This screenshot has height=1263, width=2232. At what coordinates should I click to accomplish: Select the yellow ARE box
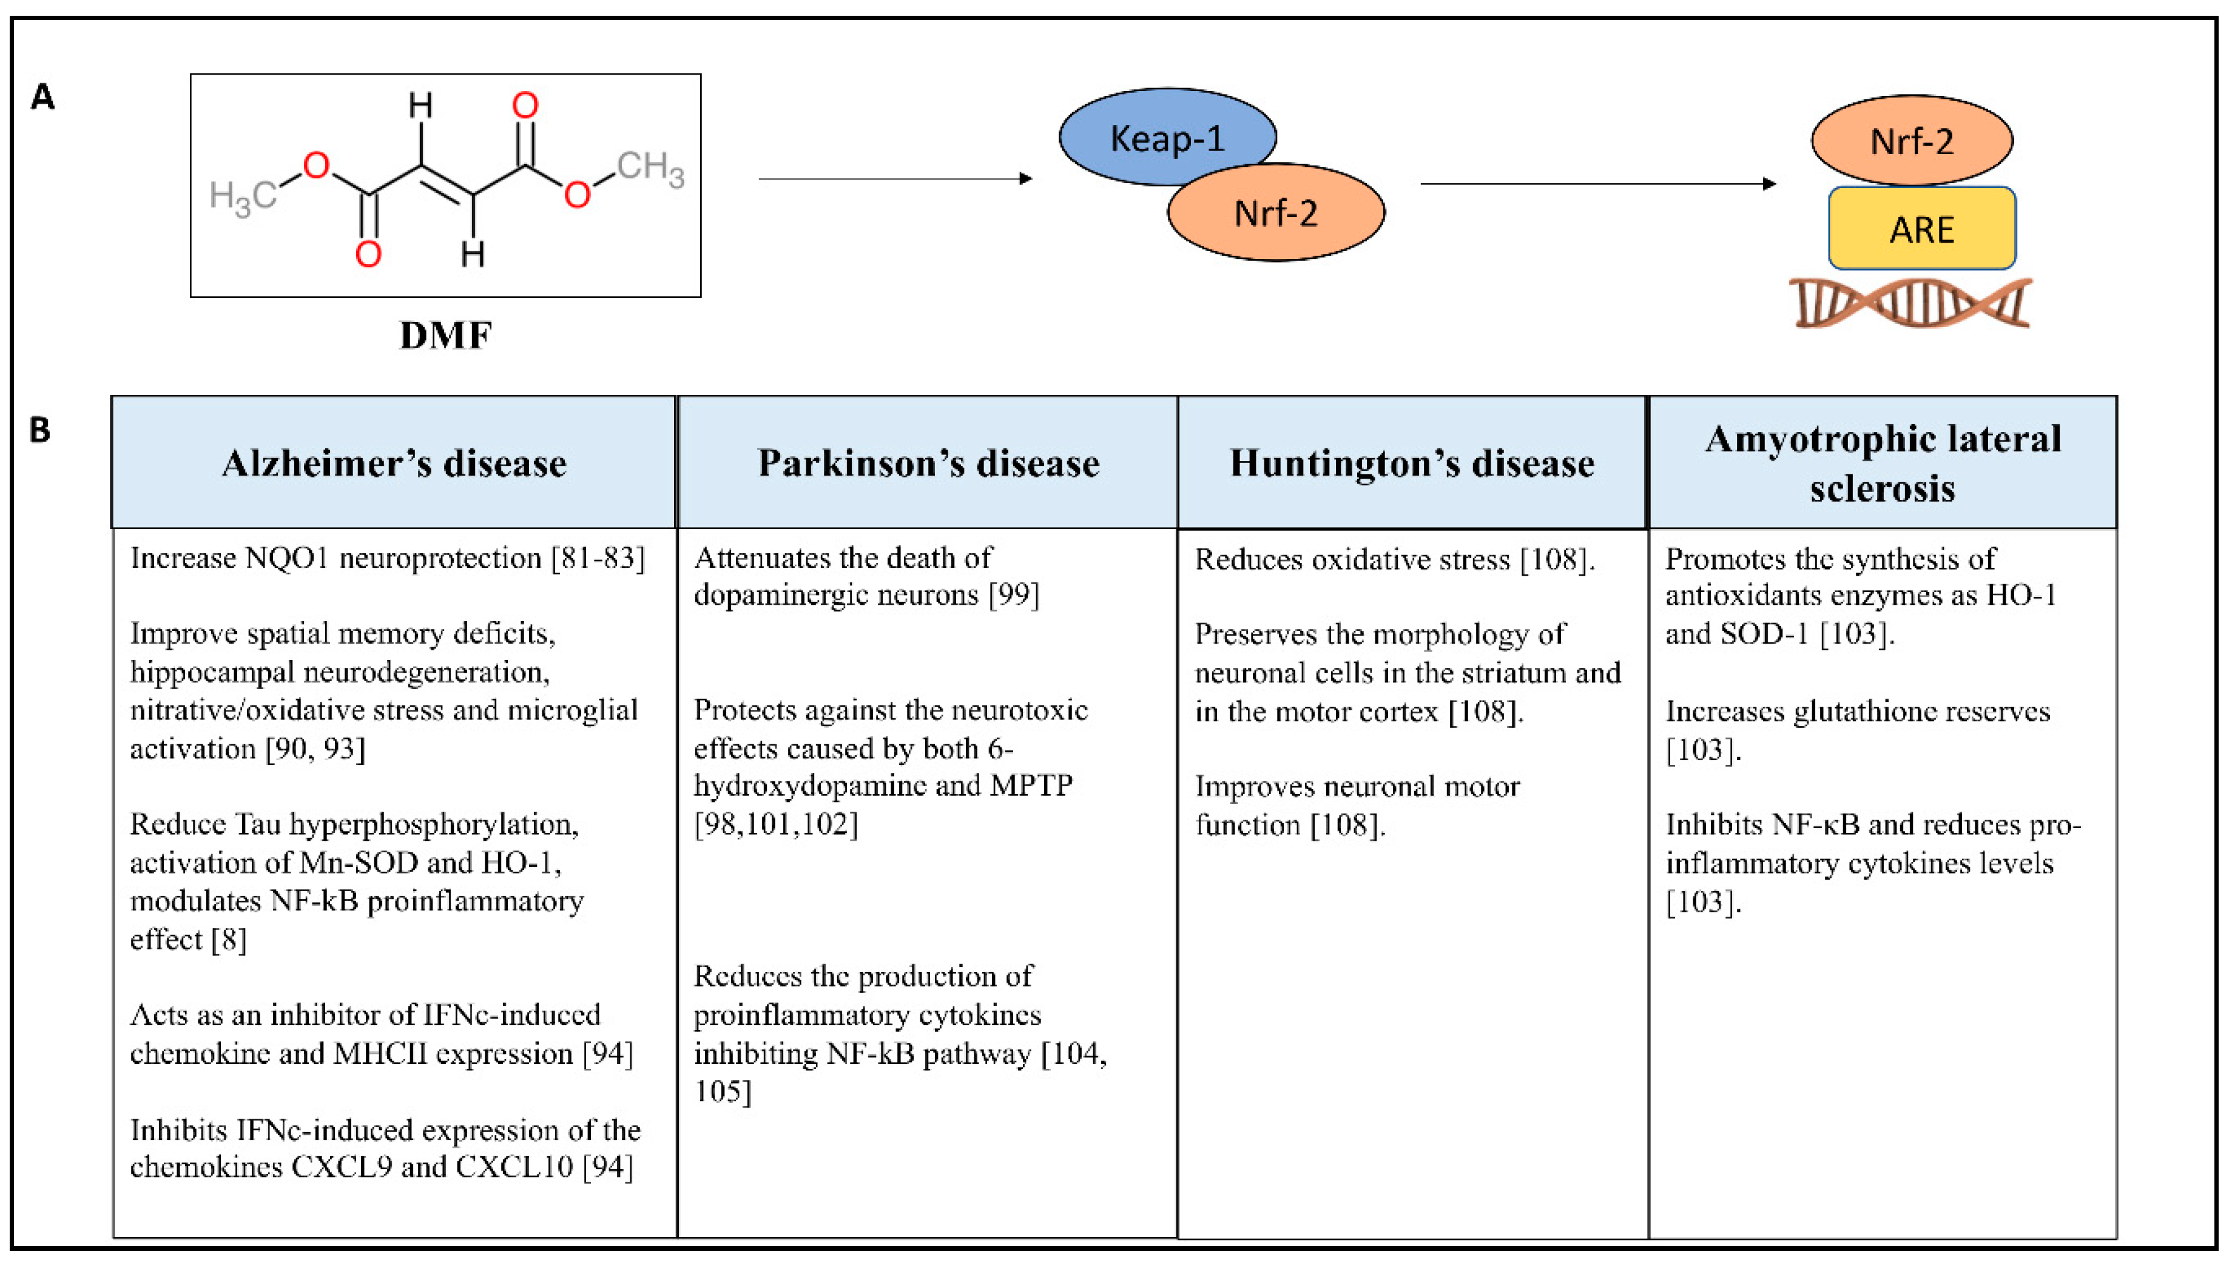1921,229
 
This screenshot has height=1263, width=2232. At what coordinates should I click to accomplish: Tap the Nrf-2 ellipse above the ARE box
1912,141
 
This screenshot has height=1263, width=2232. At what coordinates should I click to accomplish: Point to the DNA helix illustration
1911,303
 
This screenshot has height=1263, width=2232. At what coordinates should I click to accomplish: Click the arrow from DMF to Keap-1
894,179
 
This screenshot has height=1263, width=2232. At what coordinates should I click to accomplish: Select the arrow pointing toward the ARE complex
1596,184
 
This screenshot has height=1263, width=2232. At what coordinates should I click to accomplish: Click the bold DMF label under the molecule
445,335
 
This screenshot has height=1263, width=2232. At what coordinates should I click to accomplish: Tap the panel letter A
42,97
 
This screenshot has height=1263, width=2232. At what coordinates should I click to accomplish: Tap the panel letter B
40,430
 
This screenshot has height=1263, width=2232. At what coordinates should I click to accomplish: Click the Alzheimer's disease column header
394,463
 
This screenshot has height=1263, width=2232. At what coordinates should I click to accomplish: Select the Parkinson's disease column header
928,463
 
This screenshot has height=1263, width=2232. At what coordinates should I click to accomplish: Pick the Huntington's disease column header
1411,463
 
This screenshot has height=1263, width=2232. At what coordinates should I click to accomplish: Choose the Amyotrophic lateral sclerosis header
1883,463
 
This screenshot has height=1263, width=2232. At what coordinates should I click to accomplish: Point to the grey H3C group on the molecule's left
243,198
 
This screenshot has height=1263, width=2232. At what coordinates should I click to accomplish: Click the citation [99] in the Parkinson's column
1013,595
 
